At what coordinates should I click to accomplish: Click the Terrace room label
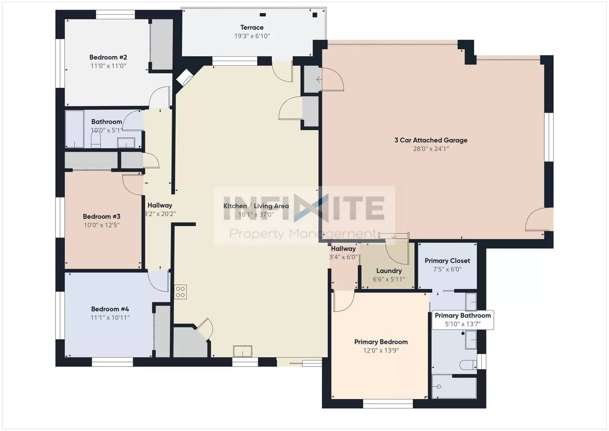252,28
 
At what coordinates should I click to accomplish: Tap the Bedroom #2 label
108,57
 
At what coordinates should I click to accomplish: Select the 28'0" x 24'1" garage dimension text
431,148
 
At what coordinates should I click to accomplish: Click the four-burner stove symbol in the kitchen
180,292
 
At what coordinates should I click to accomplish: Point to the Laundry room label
389,271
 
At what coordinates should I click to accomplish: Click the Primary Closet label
447,261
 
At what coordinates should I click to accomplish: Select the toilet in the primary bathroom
468,365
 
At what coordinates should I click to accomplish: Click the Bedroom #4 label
110,309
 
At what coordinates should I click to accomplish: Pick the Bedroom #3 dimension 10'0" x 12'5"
102,225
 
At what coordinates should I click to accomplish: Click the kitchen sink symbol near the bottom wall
242,351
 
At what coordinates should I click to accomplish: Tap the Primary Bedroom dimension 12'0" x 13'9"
381,350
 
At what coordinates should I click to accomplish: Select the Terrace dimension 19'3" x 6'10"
252,36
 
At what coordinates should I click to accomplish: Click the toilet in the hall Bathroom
95,139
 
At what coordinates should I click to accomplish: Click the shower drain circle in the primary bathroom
439,387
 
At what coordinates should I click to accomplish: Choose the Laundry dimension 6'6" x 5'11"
389,279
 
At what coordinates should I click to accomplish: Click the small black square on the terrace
315,15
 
